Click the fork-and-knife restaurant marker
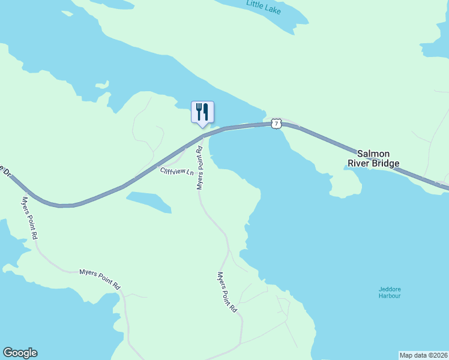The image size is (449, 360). pyautogui.click(x=202, y=112)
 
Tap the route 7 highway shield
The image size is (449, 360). pyautogui.click(x=276, y=123)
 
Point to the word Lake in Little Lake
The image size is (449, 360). pyautogui.click(x=280, y=11)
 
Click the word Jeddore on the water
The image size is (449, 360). pyautogui.click(x=390, y=289)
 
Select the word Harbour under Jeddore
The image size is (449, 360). pyautogui.click(x=390, y=296)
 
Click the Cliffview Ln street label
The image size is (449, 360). pyautogui.click(x=177, y=172)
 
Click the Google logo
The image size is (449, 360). pyautogui.click(x=20, y=353)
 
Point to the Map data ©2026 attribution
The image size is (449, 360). pyautogui.click(x=423, y=355)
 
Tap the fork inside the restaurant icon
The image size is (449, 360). pyautogui.click(x=199, y=111)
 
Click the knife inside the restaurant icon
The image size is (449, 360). pyautogui.click(x=205, y=111)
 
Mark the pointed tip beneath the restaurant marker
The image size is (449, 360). pyautogui.click(x=202, y=127)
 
